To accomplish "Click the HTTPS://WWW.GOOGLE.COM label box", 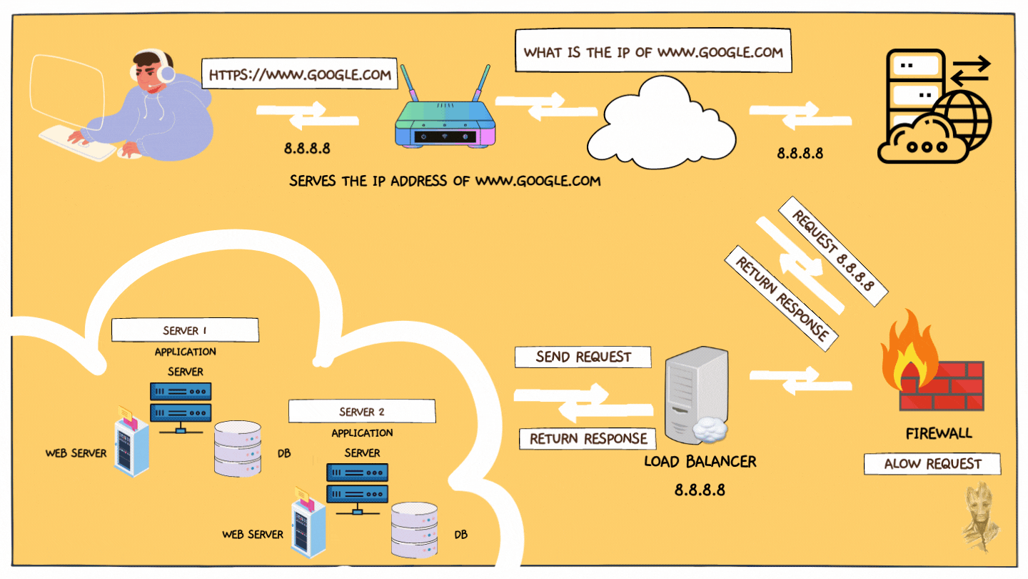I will coord(299,74).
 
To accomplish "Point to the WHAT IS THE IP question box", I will coord(653,52).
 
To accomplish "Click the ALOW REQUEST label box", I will coord(932,464).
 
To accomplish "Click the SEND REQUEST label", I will coord(583,357).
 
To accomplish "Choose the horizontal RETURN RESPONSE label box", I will coord(588,438).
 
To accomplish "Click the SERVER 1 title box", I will coord(185,330).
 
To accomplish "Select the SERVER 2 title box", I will coord(362,412).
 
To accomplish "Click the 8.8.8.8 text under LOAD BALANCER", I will coord(700,490).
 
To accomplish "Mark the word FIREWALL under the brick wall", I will coord(938,433).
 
